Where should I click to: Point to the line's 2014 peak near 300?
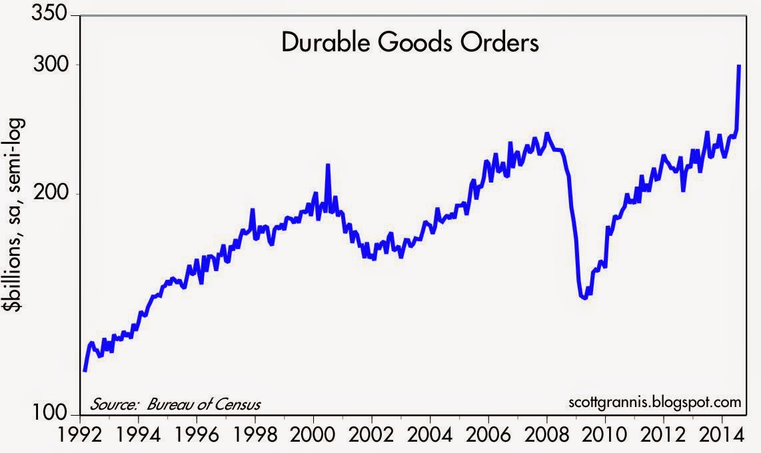coord(740,66)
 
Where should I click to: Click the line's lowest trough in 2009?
coord(584,298)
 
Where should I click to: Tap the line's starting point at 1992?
coord(84,370)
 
